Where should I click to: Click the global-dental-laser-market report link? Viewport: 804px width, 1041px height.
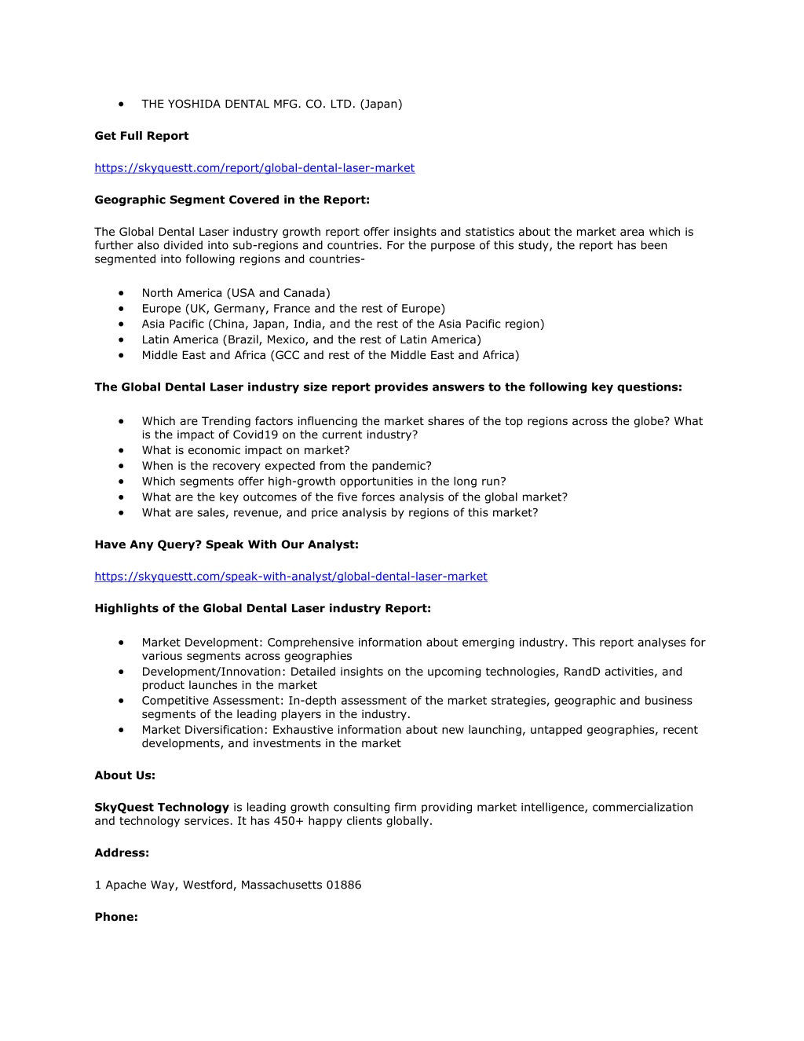[x=254, y=168]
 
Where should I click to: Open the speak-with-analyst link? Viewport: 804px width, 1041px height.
[x=291, y=577]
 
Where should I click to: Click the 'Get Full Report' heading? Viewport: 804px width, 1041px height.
[x=141, y=136]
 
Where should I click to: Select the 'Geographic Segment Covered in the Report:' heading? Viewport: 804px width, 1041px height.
[x=232, y=200]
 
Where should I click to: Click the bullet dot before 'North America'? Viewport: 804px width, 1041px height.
[x=122, y=293]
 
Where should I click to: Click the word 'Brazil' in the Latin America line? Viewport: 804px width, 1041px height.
[x=243, y=339]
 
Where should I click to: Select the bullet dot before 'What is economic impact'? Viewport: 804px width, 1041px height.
[x=122, y=450]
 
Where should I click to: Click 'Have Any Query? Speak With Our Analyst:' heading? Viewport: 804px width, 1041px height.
[x=226, y=544]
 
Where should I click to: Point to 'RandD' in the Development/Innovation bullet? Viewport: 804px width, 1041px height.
[x=581, y=672]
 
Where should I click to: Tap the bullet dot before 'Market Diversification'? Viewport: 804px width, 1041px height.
[x=122, y=730]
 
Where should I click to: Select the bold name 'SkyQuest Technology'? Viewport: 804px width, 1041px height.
[x=162, y=807]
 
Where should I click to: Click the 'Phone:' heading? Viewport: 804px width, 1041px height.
[x=116, y=917]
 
